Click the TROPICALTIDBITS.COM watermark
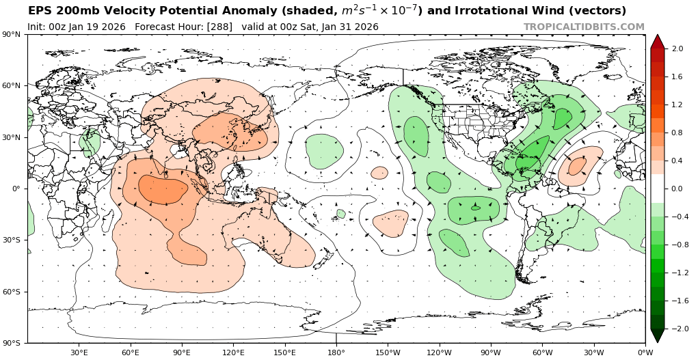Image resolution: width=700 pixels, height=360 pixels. click(x=584, y=27)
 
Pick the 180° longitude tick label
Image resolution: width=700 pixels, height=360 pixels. click(x=336, y=352)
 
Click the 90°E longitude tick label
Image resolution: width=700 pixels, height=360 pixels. click(x=182, y=352)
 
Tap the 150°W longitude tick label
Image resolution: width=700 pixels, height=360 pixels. click(x=387, y=352)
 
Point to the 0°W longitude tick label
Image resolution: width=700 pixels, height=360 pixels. click(x=645, y=352)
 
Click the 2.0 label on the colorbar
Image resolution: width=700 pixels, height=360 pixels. click(x=677, y=49)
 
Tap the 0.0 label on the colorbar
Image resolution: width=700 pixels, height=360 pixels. click(x=677, y=189)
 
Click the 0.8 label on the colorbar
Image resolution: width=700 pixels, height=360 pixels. click(x=677, y=133)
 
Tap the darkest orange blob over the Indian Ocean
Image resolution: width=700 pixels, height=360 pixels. click(x=163, y=189)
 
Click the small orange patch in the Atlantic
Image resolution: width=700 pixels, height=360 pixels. click(x=578, y=165)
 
